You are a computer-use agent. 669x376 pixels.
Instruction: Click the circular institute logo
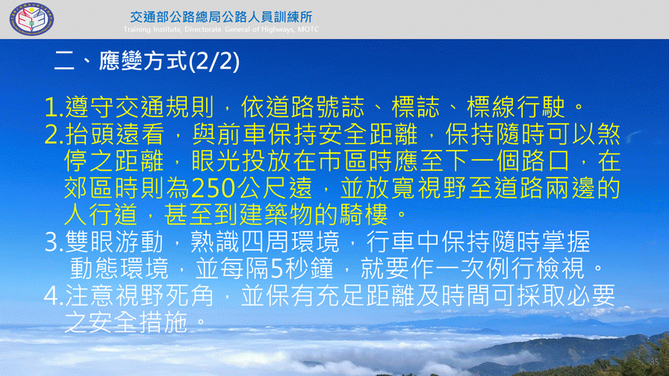tap(31, 19)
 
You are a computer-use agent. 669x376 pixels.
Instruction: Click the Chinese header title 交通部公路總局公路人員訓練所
tap(221, 16)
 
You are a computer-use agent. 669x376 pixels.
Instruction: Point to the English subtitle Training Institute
tap(152, 29)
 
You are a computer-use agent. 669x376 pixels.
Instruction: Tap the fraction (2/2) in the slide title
tap(214, 61)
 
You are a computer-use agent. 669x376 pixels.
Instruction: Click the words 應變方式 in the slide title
tap(143, 61)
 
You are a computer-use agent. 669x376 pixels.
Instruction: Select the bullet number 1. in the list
tap(55, 107)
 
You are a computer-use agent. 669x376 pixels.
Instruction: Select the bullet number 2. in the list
tap(55, 135)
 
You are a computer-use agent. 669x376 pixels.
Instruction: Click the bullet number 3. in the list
tap(55, 242)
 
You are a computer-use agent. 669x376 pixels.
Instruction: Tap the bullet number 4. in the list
tap(55, 295)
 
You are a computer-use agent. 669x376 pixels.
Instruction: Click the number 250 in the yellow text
tap(214, 188)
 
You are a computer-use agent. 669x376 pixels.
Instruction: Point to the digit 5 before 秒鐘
tap(277, 269)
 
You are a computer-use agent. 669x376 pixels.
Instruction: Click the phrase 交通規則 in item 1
tap(165, 107)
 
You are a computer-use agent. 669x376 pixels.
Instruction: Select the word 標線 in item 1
tap(491, 107)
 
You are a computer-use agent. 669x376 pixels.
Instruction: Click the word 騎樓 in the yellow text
tap(364, 215)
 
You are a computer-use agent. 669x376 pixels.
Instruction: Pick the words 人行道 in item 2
tap(101, 215)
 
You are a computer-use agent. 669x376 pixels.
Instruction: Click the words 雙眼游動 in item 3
tap(114, 242)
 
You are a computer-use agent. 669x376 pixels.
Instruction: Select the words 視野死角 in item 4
tap(165, 295)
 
